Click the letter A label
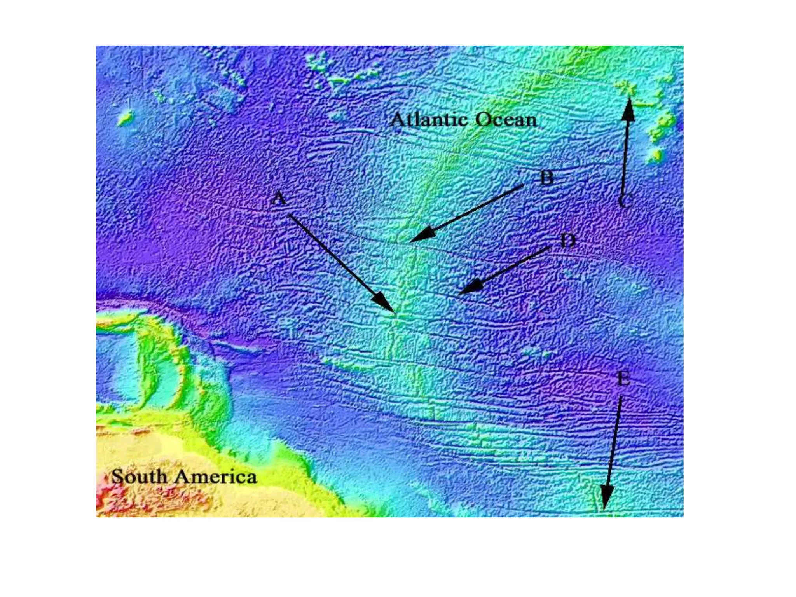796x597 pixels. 279,199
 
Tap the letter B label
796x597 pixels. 547,178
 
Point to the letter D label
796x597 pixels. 568,241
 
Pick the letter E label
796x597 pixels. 624,378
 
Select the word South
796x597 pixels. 140,477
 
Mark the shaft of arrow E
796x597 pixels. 614,443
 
